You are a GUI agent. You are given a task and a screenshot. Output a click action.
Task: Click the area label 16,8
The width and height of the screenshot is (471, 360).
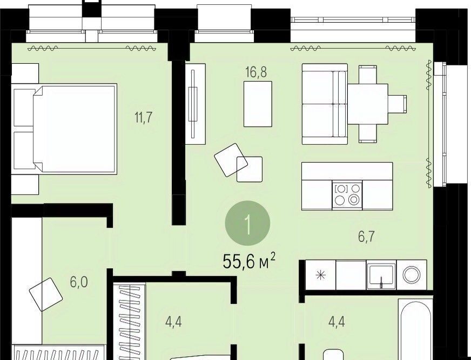click(256, 72)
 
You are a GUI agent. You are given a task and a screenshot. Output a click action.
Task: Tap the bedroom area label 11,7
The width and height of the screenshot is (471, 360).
click(144, 117)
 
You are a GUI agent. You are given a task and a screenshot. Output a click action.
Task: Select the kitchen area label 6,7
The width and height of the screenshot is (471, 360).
click(366, 237)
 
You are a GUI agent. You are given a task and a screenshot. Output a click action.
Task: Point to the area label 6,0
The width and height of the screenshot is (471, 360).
click(79, 282)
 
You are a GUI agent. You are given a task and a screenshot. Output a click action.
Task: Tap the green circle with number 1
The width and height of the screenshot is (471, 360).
click(247, 223)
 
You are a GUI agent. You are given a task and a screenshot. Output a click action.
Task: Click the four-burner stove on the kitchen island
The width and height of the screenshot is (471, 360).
click(347, 195)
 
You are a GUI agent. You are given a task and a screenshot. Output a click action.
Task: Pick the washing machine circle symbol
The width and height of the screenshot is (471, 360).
click(412, 275)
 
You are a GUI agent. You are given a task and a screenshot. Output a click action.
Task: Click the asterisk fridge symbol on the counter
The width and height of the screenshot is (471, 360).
click(321, 275)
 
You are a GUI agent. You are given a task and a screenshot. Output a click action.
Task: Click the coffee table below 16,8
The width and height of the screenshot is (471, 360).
click(258, 104)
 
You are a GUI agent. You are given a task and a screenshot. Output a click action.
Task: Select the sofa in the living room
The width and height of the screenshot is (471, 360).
click(325, 104)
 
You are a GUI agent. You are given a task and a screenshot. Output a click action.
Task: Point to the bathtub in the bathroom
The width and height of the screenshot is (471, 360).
click(415, 329)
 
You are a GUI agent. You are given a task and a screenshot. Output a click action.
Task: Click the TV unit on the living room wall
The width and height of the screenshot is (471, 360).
click(195, 104)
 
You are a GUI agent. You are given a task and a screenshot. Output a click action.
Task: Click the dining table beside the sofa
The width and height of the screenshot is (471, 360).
click(368, 104)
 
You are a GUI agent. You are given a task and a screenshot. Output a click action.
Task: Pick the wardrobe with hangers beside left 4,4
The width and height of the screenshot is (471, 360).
click(130, 322)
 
